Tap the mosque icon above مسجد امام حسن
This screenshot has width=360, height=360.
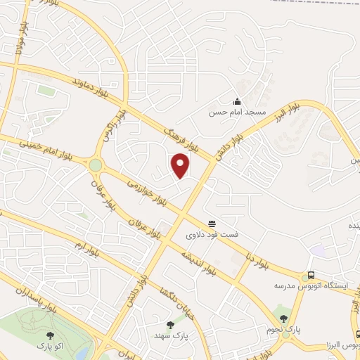237,102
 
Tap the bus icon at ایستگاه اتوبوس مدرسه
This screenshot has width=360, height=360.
311,276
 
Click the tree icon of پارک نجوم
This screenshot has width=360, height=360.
283,310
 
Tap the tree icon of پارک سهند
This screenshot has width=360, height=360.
169,325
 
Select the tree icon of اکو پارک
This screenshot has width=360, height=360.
50,335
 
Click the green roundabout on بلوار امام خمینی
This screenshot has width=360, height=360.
95,165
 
